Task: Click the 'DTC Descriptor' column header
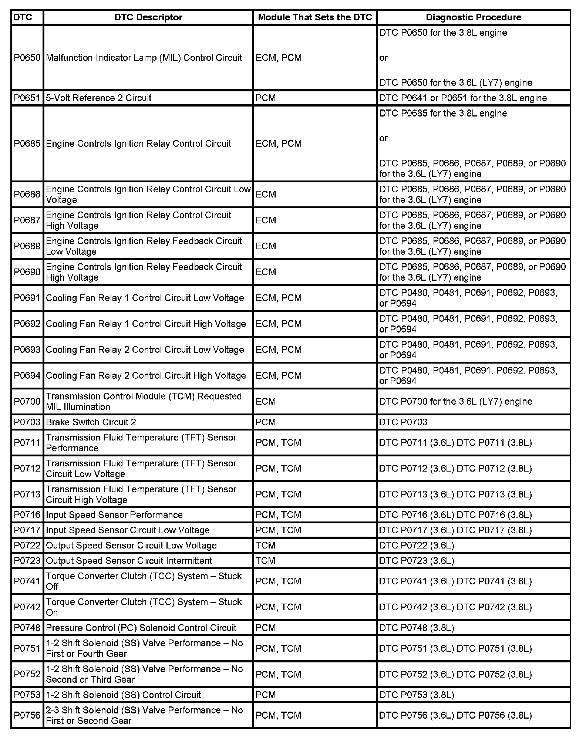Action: pyautogui.click(x=148, y=17)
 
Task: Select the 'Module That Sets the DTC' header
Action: pyautogui.click(x=315, y=17)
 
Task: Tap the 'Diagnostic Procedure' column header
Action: pyautogui.click(x=474, y=17)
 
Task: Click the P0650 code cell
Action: pyautogui.click(x=27, y=58)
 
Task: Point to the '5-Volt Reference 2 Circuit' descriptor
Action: pyautogui.click(x=99, y=98)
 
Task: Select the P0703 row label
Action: pyautogui.click(x=27, y=422)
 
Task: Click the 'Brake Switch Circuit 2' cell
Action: pyautogui.click(x=91, y=422)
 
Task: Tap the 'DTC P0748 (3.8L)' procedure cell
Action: pyautogui.click(x=417, y=628)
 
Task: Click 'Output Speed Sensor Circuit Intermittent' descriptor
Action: pyautogui.click(x=129, y=561)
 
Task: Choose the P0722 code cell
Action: pyautogui.click(x=27, y=546)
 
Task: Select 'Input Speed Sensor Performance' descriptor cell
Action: pyautogui.click(x=114, y=515)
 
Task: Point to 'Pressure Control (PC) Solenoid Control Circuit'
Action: pyautogui.click(x=141, y=628)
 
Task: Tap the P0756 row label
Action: pyautogui.click(x=27, y=715)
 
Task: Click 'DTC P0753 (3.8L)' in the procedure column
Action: pyautogui.click(x=417, y=695)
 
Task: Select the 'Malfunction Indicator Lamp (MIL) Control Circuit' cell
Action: pyautogui.click(x=144, y=58)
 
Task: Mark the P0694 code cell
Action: pyautogui.click(x=27, y=375)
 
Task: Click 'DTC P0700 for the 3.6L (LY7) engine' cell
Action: pyautogui.click(x=455, y=401)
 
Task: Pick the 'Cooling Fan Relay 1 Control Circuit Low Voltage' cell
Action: pyautogui.click(x=145, y=298)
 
